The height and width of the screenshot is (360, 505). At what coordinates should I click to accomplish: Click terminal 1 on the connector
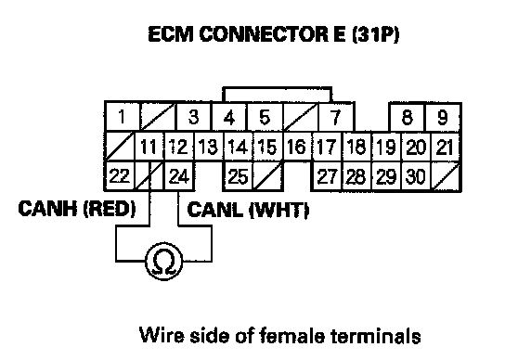click(x=122, y=117)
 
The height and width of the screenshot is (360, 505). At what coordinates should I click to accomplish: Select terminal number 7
click(x=336, y=117)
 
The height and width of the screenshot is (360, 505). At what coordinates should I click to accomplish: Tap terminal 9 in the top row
click(x=443, y=117)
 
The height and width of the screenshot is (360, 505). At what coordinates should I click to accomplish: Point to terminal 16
click(x=297, y=147)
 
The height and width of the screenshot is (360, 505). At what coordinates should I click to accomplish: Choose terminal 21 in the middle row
click(x=445, y=147)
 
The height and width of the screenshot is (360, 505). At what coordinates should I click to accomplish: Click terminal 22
click(x=119, y=175)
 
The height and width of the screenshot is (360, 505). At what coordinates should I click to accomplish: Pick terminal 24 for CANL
click(x=179, y=175)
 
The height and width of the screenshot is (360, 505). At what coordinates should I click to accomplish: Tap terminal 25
click(x=238, y=175)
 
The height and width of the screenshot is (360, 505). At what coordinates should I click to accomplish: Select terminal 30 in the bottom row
click(x=416, y=175)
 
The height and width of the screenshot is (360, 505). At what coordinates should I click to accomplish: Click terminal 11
click(x=149, y=147)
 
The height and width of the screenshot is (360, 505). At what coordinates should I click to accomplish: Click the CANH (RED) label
click(x=77, y=209)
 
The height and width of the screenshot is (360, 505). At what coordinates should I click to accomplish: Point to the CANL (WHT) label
click(x=248, y=211)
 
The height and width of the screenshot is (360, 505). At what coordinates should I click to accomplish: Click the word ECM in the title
click(x=172, y=34)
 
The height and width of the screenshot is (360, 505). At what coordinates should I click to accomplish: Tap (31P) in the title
click(x=376, y=34)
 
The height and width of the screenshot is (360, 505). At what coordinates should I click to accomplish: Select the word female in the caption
click(x=291, y=336)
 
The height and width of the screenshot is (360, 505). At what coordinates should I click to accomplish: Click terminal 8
click(x=408, y=117)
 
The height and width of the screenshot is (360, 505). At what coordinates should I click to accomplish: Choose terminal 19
click(x=386, y=147)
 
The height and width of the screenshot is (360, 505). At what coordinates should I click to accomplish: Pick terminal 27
click(x=327, y=175)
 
